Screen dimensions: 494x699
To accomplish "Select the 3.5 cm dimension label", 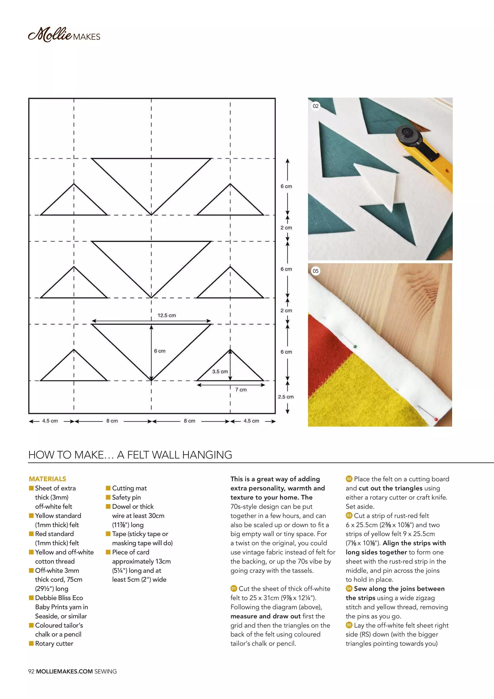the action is [x=220, y=371].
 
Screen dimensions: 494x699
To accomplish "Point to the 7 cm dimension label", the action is [x=241, y=390].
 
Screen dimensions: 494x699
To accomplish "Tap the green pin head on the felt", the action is [x=355, y=347].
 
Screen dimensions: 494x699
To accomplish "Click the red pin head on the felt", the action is [x=436, y=419].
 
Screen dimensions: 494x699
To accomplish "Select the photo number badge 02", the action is [x=315, y=106].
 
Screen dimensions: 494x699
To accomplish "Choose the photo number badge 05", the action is [x=315, y=271].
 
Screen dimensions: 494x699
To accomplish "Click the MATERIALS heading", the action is [x=47, y=479].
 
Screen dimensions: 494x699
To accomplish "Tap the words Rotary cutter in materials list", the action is [x=54, y=644].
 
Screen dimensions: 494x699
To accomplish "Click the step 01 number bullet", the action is [x=233, y=588].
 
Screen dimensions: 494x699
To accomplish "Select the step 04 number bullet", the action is [x=349, y=588].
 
